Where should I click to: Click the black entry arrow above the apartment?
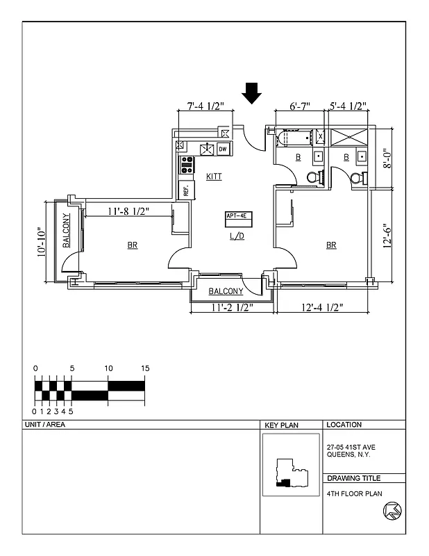[x=252, y=92]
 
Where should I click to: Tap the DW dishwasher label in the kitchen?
[x=223, y=149]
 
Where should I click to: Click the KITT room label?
[x=214, y=177]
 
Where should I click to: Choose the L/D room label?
[x=237, y=236]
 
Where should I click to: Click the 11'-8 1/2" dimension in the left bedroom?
[x=127, y=211]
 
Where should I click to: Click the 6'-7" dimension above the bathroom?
[x=299, y=106]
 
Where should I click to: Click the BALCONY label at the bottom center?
[x=226, y=291]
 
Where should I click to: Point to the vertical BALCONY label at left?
[x=66, y=231]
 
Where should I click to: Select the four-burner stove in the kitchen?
[x=187, y=165]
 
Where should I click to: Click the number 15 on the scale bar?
[x=144, y=368]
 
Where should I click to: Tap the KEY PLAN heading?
[x=280, y=425]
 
